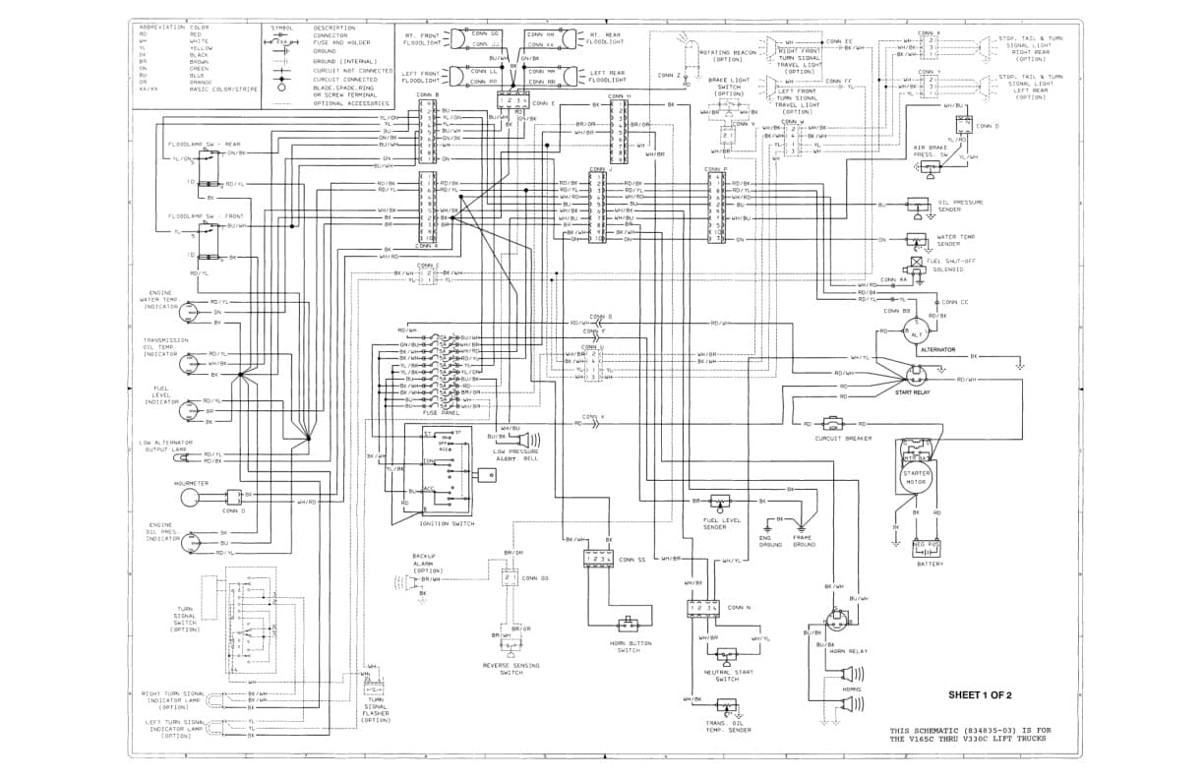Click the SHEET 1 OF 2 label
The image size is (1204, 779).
point(980,695)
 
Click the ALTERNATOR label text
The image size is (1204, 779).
point(936,349)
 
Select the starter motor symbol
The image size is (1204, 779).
point(916,478)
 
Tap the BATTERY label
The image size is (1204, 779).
point(930,564)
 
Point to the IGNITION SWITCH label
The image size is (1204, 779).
point(447,523)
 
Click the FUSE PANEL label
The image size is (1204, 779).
point(437,413)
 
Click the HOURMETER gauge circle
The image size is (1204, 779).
point(194,499)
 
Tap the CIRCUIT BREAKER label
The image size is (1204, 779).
point(843,439)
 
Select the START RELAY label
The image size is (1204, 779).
point(911,391)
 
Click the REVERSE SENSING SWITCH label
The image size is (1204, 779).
point(511,669)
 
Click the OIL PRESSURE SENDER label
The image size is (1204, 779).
point(961,206)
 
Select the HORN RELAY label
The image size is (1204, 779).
point(848,651)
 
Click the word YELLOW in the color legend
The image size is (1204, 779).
point(201,47)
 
